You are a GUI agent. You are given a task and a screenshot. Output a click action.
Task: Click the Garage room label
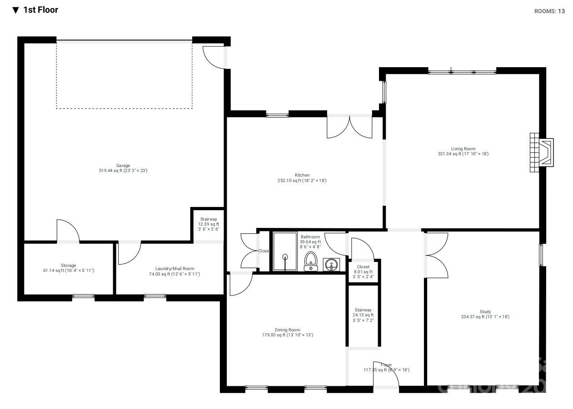(x=123, y=168)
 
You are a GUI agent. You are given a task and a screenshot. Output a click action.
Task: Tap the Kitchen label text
(x=302, y=177)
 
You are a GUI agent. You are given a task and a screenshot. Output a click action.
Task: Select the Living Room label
(x=463, y=151)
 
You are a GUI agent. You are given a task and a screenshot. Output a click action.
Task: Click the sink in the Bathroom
(x=331, y=264)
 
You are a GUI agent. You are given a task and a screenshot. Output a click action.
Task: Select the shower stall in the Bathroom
(x=284, y=251)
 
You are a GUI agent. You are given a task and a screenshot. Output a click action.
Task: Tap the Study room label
(x=485, y=314)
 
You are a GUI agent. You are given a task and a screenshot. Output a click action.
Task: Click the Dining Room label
(x=287, y=332)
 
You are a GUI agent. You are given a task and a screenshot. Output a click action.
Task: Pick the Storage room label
(x=68, y=268)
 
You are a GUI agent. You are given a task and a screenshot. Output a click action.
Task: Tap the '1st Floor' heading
(x=40, y=10)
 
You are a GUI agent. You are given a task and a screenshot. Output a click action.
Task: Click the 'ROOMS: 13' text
(x=549, y=11)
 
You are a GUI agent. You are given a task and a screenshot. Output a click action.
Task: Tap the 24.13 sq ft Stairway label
(x=363, y=315)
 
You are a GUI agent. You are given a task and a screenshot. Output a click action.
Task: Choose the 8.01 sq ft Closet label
(x=363, y=271)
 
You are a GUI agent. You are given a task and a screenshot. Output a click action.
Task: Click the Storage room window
(x=83, y=297)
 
